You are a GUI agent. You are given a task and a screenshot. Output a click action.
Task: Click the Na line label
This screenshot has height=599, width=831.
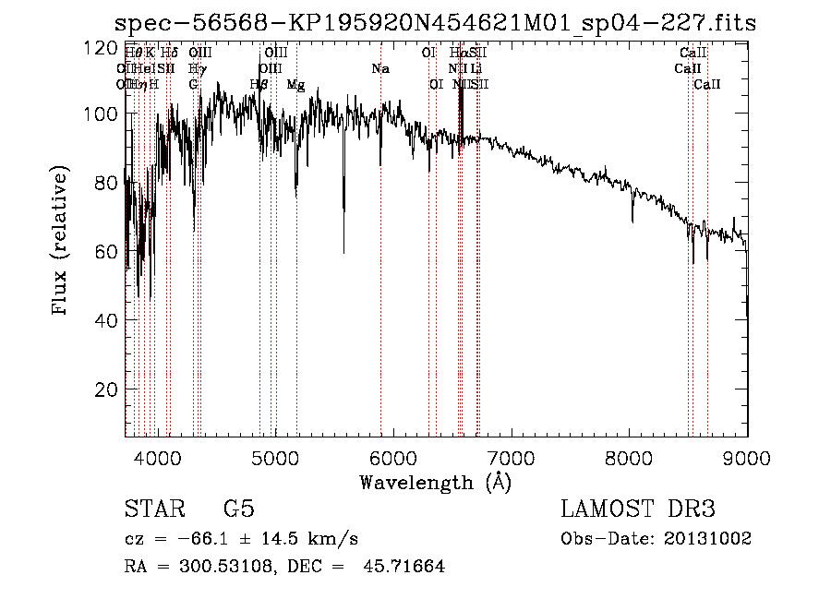(380, 68)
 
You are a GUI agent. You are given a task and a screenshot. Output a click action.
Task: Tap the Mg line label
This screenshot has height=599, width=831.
(295, 85)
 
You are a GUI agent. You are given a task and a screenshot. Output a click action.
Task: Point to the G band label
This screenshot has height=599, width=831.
(194, 84)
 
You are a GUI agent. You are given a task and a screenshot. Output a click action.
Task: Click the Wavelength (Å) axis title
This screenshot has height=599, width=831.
(435, 482)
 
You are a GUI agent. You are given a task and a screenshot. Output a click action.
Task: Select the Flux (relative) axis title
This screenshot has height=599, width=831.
(62, 243)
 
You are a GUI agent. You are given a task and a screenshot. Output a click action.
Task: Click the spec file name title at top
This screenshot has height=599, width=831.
(435, 24)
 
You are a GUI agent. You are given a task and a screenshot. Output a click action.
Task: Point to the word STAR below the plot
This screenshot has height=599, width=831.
(153, 509)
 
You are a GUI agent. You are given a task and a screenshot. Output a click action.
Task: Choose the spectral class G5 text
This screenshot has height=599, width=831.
(238, 509)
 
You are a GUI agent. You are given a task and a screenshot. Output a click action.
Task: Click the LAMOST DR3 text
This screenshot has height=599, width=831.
(638, 509)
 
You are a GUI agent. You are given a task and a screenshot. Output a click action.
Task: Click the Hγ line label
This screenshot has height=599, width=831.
(197, 68)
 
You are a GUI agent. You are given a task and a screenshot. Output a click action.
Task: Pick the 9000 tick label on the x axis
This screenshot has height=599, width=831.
(747, 456)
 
